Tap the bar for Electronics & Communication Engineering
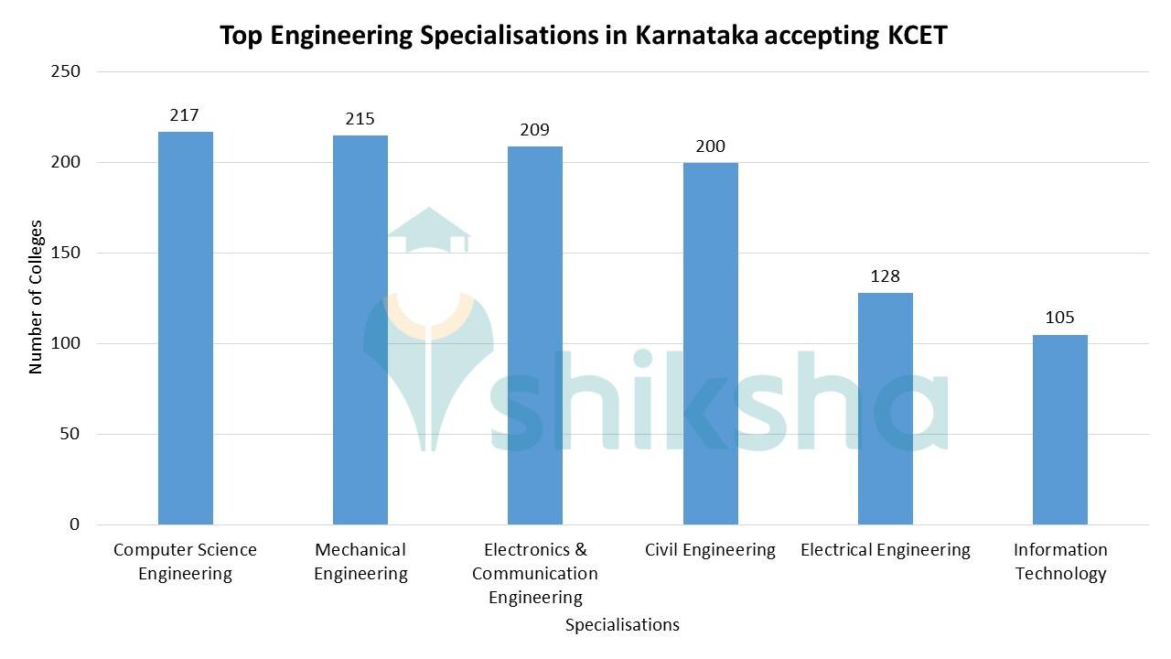coord(535,335)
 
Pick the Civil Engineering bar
coord(710,343)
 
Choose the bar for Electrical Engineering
coord(885,408)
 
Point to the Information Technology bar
coord(1060,429)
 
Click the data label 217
coord(185,115)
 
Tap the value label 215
coord(360,119)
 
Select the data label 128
coord(885,276)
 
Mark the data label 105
coord(1059,318)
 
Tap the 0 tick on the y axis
coord(73,524)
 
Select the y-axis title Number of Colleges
coord(37,297)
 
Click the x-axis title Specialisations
coord(622,625)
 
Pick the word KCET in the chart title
coord(919,37)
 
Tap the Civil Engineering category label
coord(710,550)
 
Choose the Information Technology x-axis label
coord(1060,561)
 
